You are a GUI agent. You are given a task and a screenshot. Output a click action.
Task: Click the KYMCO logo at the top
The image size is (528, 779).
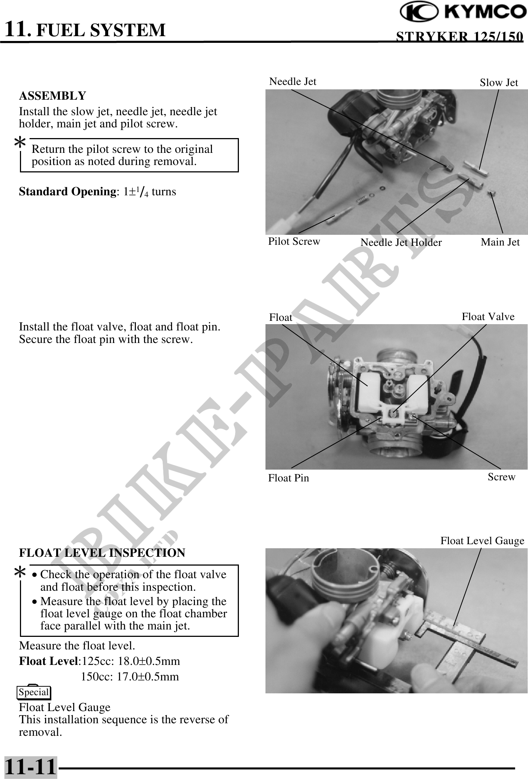tap(463, 12)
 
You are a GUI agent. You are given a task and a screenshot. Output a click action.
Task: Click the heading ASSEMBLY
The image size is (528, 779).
tap(52, 96)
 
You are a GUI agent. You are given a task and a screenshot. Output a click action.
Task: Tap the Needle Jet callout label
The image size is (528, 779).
tap(292, 82)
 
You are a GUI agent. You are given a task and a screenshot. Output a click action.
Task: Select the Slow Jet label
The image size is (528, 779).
tap(498, 83)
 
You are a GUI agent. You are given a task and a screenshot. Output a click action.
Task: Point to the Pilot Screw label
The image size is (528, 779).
tap(294, 241)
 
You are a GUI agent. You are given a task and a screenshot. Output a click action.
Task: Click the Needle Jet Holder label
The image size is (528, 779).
tap(401, 243)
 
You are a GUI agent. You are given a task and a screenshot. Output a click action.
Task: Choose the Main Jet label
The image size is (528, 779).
tap(500, 242)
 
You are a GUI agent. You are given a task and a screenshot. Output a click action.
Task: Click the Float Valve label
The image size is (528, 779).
tap(488, 317)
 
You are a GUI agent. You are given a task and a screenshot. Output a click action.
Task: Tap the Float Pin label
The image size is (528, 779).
tap(288, 478)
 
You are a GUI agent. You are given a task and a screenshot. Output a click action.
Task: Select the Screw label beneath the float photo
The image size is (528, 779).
tap(501, 477)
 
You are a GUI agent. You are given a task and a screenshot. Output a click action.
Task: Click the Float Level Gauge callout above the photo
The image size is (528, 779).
tap(482, 541)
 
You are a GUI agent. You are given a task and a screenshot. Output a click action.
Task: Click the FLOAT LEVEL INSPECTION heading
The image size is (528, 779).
tap(102, 553)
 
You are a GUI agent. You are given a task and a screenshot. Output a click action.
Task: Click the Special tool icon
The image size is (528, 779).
tap(34, 692)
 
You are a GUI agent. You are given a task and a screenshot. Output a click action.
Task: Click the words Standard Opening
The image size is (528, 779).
tap(67, 192)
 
